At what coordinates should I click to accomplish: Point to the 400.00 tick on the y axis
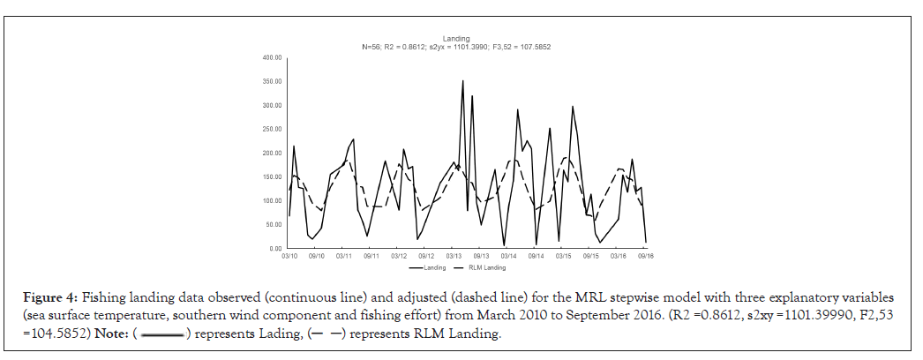[x=272, y=58]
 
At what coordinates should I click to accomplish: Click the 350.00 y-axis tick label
[x=272, y=82]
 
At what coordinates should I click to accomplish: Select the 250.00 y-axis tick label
[x=272, y=130]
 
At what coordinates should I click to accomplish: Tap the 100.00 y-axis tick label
[x=272, y=201]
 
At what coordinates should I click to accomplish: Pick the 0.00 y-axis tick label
[x=275, y=249]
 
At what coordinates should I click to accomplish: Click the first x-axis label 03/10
[x=289, y=256]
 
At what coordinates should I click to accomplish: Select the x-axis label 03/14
[x=508, y=256]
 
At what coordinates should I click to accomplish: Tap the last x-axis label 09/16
[x=645, y=256]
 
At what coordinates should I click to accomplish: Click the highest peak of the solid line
[x=463, y=81]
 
